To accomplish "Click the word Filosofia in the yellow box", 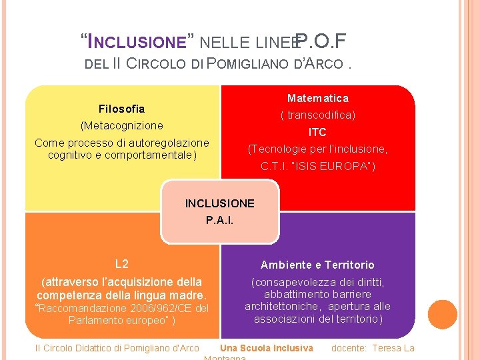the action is point(121,109).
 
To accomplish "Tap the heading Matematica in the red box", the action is point(317,99).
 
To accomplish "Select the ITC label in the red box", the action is point(317,132).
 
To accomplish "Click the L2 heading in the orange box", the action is point(121,264).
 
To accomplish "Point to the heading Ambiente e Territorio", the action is point(317,265).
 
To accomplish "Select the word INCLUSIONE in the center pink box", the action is point(219,203).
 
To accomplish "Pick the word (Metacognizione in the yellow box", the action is point(121,125).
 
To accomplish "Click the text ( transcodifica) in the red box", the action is point(317,115).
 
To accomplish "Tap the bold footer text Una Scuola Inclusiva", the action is point(266,348).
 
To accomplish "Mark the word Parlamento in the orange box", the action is point(95,320).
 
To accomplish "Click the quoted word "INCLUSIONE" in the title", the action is point(137,42).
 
